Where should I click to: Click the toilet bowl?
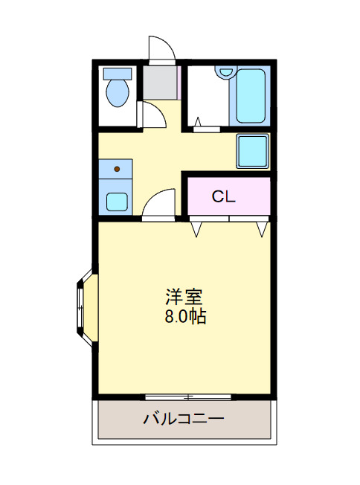118,94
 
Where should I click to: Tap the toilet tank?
118,74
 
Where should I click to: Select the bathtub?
248,97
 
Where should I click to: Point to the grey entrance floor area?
161,83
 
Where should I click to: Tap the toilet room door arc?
154,115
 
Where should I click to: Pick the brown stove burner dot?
117,170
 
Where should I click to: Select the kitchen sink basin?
116,201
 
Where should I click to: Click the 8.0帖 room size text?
185,316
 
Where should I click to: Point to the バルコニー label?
183,419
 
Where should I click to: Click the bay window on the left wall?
83,307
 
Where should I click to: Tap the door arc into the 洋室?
158,202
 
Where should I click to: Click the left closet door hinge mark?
196,228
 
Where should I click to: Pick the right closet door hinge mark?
261,228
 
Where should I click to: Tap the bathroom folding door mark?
199,121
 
